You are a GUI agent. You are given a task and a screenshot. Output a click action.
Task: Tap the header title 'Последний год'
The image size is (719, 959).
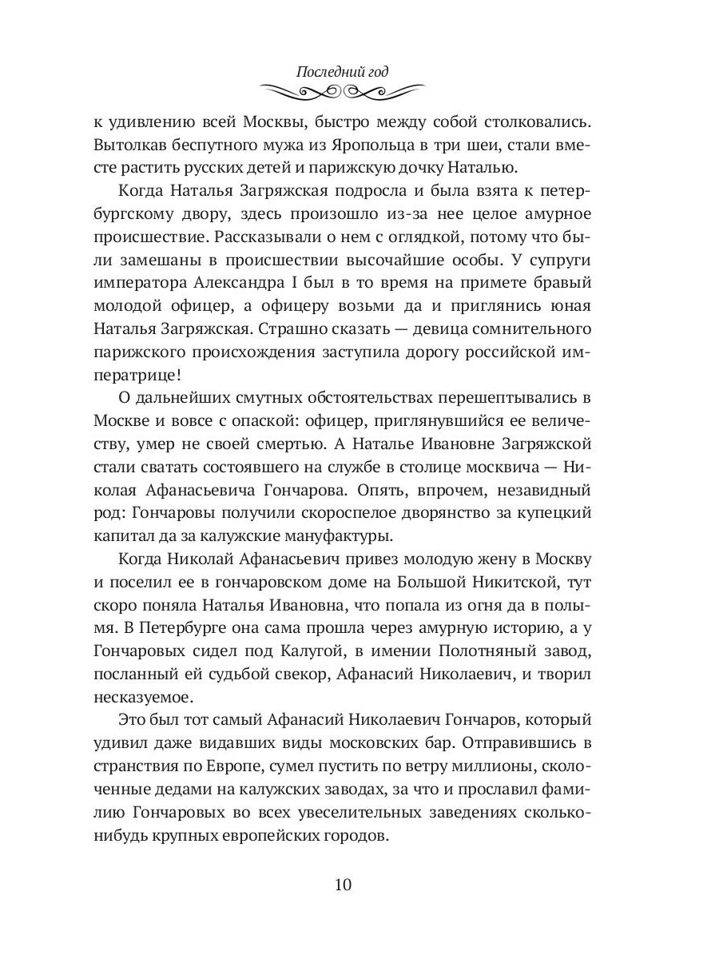point(342,71)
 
